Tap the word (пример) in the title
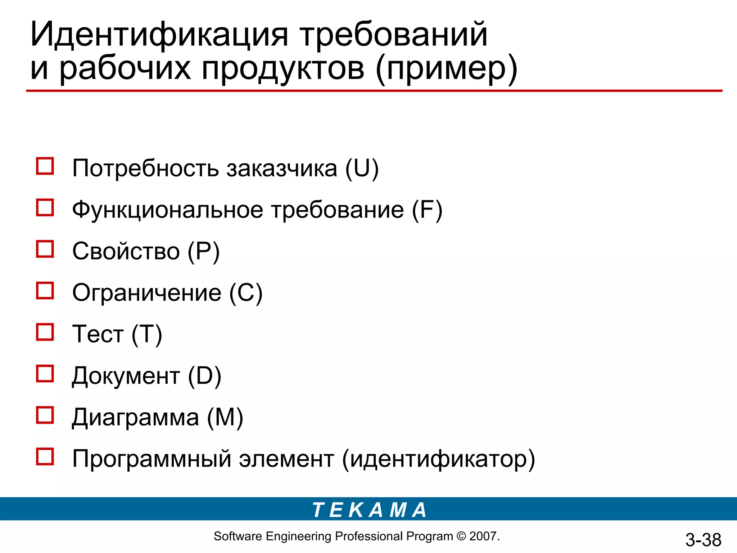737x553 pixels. click(x=446, y=68)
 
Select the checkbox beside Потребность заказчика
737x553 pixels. click(x=45, y=166)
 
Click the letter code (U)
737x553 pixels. click(x=362, y=168)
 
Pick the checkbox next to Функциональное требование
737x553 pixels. click(x=45, y=208)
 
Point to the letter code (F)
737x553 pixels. click(x=427, y=210)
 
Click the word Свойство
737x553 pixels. click(x=126, y=251)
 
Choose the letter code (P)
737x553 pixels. click(x=203, y=251)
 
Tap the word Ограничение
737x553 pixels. click(x=147, y=293)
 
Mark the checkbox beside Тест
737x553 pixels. click(x=45, y=332)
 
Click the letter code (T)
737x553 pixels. click(x=147, y=334)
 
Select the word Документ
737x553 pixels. click(x=126, y=376)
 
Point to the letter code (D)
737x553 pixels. click(x=204, y=376)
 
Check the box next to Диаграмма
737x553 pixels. click(x=45, y=415)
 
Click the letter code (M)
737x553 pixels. click(x=225, y=418)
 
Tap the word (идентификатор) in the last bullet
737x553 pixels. click(x=438, y=459)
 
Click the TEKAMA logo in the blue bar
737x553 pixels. click(x=369, y=510)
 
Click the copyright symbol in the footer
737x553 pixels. click(x=461, y=536)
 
